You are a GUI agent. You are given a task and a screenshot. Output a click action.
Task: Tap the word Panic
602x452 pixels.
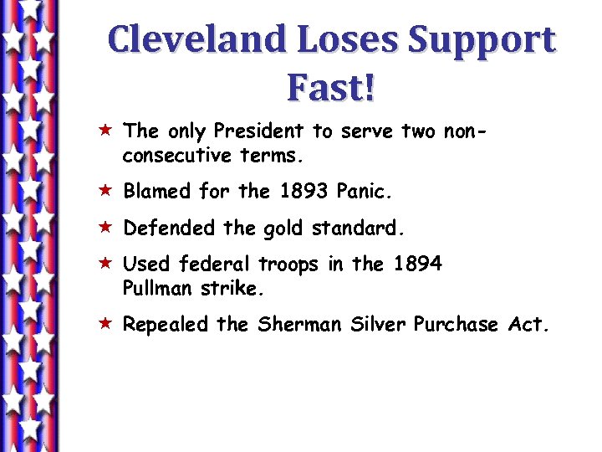pyautogui.click(x=365, y=192)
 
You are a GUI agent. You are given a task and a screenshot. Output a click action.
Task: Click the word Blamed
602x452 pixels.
pyautogui.click(x=157, y=192)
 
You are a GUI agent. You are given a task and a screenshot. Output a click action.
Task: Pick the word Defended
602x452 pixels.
pyautogui.click(x=165, y=228)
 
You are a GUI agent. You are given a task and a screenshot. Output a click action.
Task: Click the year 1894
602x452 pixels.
pyautogui.click(x=416, y=264)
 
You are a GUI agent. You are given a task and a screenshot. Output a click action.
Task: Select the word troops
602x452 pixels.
pyautogui.click(x=288, y=265)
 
